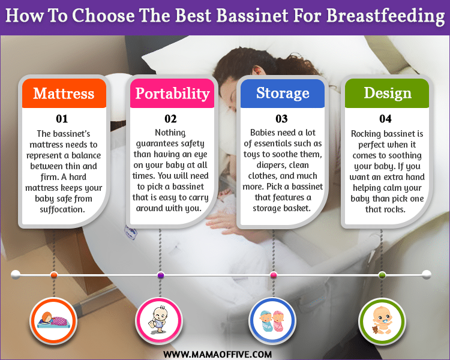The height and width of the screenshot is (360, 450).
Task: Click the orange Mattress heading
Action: pos(64,94)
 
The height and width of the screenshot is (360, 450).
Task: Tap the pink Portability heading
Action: pos(172,94)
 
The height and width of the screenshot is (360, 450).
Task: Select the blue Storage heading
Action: pos(283,93)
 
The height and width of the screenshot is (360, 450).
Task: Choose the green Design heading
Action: pos(388,94)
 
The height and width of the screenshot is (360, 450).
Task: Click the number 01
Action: pos(62,119)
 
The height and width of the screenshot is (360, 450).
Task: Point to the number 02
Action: pos(170,119)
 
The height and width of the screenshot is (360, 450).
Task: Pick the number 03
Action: pos(281,119)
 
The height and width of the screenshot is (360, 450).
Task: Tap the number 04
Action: pos(385,119)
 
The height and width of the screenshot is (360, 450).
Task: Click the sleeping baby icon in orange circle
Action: pos(53,320)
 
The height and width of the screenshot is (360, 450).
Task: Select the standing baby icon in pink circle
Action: pos(158,320)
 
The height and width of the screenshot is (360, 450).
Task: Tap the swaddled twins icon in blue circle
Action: pos(272,321)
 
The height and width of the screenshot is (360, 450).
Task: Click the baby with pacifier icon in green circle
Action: pos(382,320)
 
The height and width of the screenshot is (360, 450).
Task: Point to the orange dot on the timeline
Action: pos(53,275)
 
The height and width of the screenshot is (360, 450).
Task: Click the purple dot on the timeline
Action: pos(161,275)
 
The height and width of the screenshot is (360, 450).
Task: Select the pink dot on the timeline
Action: pos(274,275)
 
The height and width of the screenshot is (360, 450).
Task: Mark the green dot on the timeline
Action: pos(382,275)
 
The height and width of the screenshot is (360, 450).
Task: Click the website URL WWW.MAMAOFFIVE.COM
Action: pos(217,354)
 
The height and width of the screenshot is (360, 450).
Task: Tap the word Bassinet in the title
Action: pos(252,15)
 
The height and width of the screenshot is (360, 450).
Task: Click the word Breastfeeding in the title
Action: pos(385,16)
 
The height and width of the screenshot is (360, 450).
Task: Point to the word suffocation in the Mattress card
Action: pos(62,209)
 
